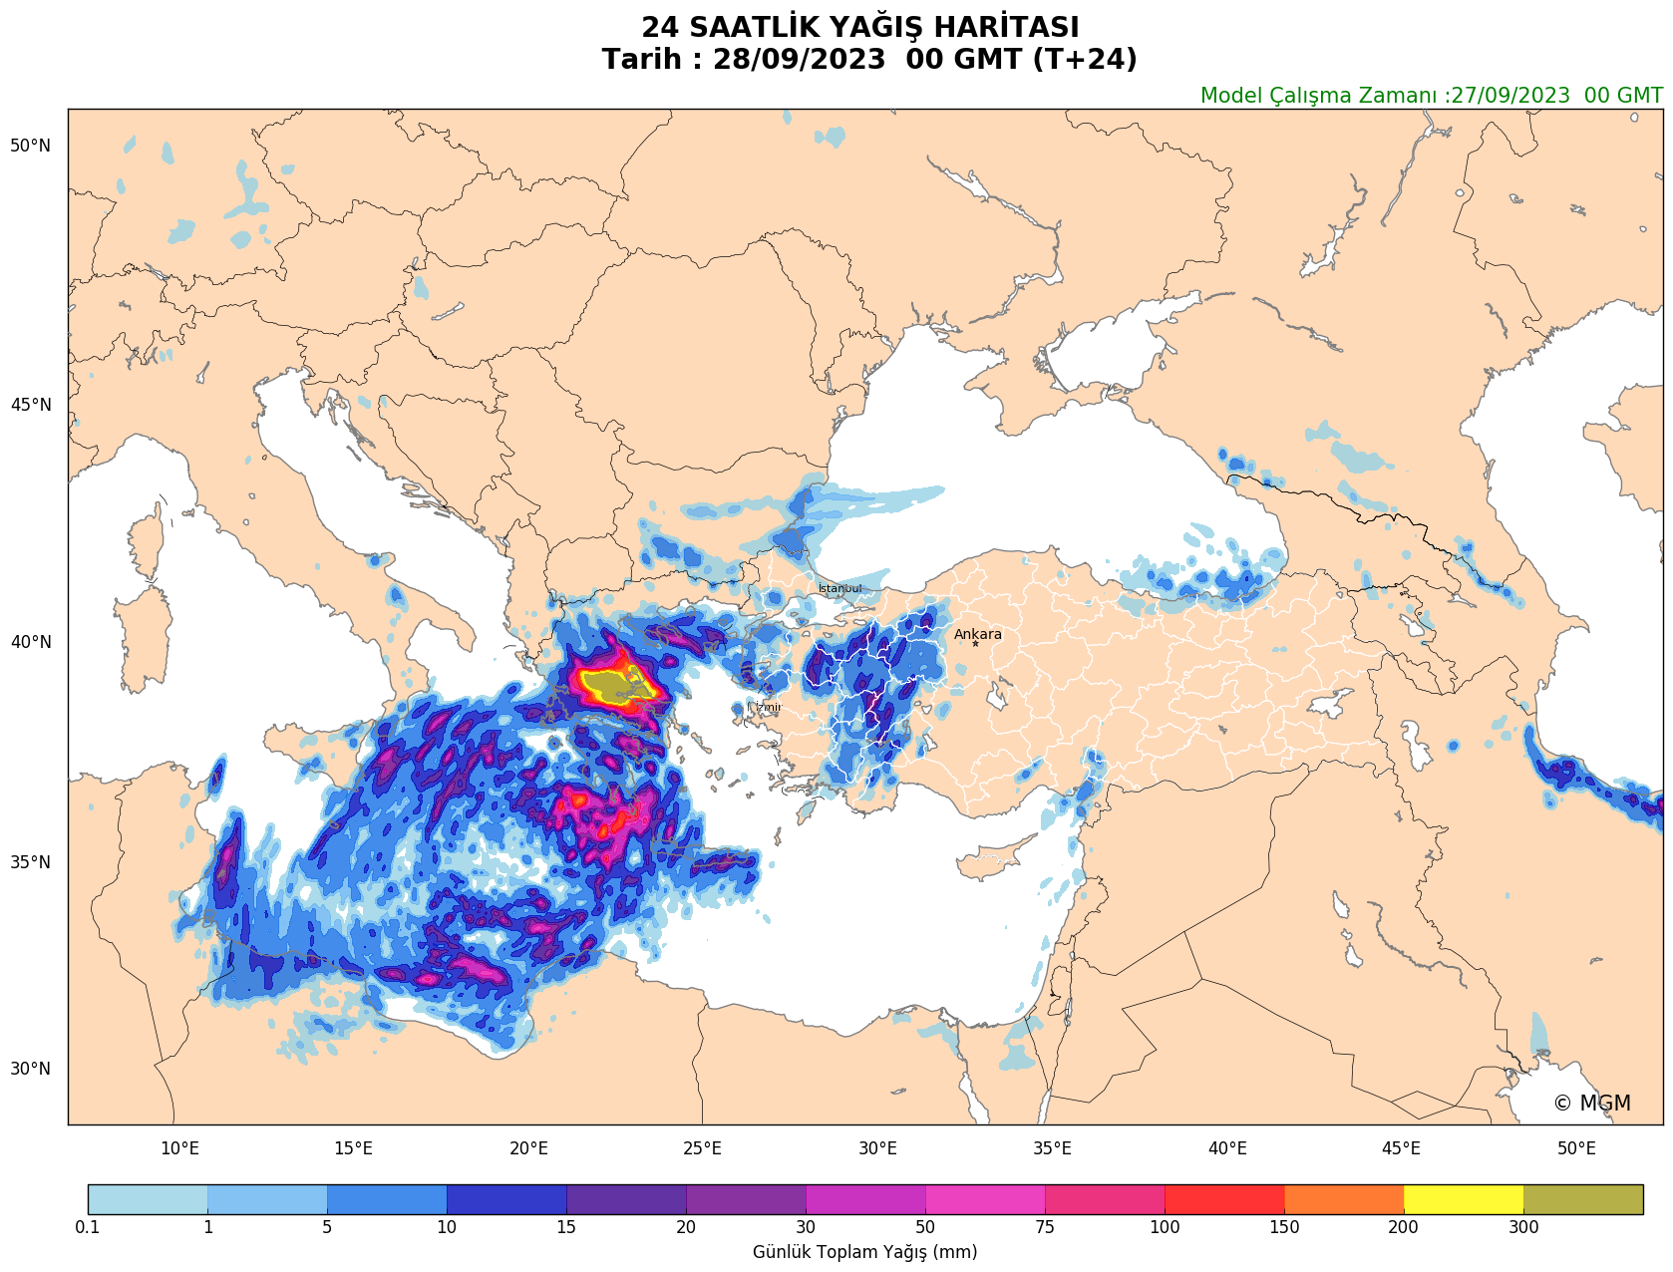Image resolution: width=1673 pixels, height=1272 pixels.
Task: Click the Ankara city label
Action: (977, 634)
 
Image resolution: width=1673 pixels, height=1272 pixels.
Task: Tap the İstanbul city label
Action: (839, 588)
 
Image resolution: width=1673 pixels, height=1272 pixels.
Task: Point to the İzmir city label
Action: (769, 707)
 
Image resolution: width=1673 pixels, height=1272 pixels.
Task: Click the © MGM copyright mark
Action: (1591, 1103)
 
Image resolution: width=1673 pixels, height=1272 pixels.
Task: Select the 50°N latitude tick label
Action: (30, 146)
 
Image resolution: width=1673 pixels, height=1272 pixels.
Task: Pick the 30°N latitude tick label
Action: (30, 1069)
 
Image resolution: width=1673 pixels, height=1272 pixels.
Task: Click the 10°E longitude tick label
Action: (179, 1148)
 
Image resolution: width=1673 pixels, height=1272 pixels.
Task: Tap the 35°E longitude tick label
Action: (1052, 1148)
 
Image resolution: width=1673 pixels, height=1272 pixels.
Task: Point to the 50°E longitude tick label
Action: (1576, 1148)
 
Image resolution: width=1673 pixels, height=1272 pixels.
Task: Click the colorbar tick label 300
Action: (1523, 1227)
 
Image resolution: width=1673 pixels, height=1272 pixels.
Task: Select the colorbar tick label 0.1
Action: (88, 1227)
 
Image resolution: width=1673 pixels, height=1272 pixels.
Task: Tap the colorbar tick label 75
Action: (1045, 1227)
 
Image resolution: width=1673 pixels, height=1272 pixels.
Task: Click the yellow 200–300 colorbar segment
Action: (1463, 1198)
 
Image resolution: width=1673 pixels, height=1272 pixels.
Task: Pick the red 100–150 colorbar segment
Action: (1224, 1198)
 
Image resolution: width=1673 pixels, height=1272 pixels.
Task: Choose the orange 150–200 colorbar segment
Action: (1343, 1198)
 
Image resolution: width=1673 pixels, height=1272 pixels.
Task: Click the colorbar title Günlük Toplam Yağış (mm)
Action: (864, 1252)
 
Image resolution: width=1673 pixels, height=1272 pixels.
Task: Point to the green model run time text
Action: (1431, 96)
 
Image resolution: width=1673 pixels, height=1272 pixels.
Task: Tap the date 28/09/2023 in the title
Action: (799, 60)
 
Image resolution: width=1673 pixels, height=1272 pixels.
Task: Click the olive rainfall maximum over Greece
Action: (608, 686)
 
